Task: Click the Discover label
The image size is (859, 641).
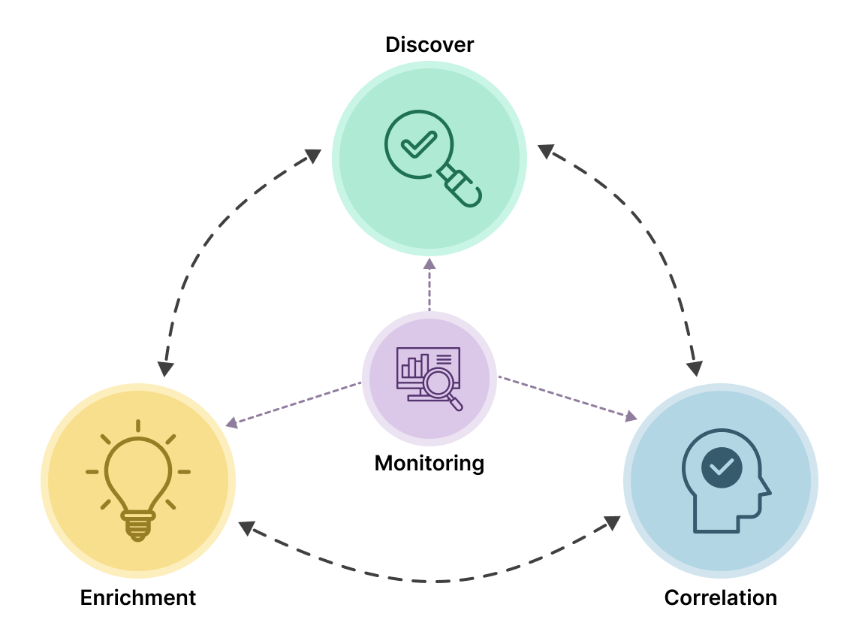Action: point(429,45)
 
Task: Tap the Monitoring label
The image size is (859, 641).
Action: point(429,463)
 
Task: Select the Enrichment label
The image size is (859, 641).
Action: point(138,598)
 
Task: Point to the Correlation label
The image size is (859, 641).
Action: point(721,598)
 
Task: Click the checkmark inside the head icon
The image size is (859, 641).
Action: point(722,467)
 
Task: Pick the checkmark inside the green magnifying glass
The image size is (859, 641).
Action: point(418,143)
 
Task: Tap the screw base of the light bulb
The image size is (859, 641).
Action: point(138,525)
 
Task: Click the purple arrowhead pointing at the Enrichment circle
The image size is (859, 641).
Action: point(232,424)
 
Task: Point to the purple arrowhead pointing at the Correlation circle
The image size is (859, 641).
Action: point(631,416)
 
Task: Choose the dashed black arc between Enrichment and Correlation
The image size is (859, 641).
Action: point(429,580)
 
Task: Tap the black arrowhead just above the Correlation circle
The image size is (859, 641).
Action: point(695,368)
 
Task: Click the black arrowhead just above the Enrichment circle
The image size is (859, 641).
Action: point(166,368)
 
